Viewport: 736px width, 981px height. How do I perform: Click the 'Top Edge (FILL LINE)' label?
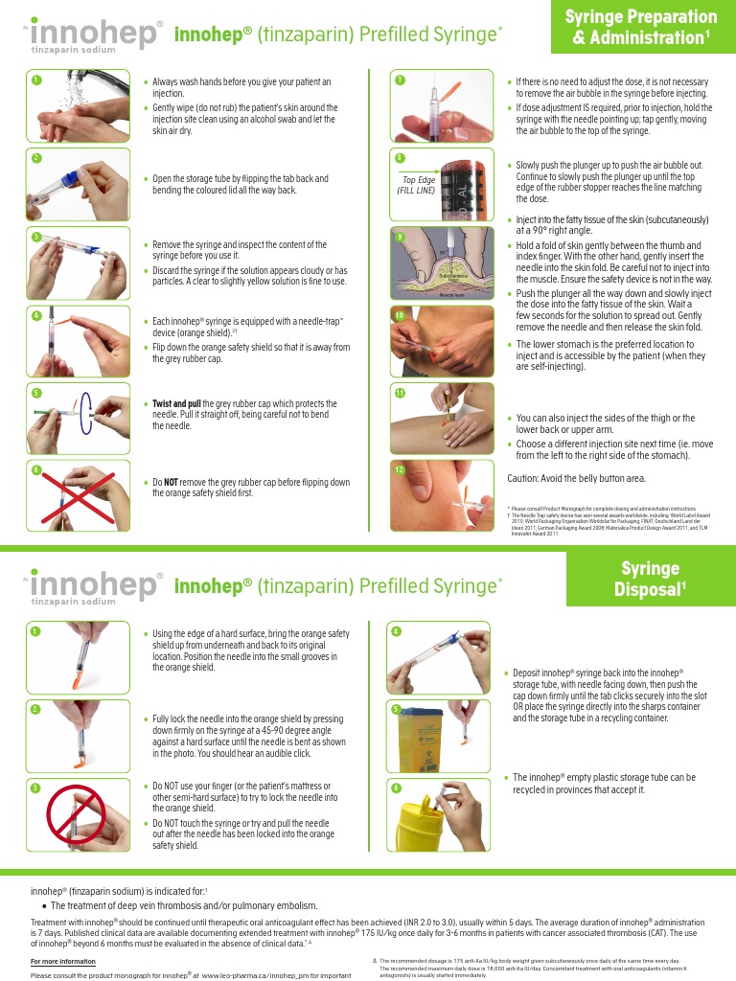pyautogui.click(x=416, y=185)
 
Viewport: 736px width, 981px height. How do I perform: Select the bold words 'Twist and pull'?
pyautogui.click(x=177, y=403)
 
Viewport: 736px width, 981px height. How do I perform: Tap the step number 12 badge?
pyautogui.click(x=400, y=469)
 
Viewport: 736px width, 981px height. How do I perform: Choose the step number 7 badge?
pyautogui.click(x=400, y=80)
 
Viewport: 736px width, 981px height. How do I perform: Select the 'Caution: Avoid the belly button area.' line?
pyautogui.click(x=576, y=478)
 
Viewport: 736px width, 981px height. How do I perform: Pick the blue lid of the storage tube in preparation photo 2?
pyautogui.click(x=69, y=176)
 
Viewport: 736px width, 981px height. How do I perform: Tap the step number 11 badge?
pyautogui.click(x=400, y=393)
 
